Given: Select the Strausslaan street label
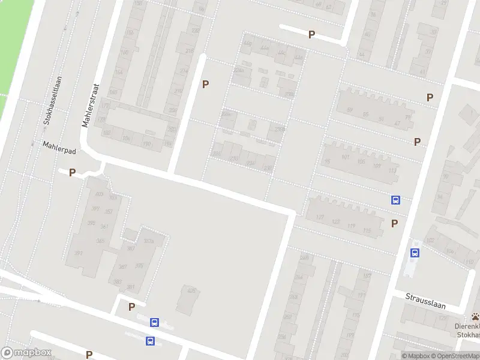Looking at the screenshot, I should (425, 305).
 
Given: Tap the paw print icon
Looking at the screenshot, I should (475, 316).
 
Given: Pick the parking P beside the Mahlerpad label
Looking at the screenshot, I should (72, 173).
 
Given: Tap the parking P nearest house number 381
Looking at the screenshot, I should (131, 307).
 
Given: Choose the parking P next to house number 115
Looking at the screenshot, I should (394, 224).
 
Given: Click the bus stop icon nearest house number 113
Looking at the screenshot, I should (396, 200).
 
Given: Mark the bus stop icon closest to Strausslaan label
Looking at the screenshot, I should (415, 253).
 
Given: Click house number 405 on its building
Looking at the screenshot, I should (192, 292).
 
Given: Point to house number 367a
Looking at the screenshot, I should (149, 241).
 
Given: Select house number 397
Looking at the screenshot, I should (78, 253).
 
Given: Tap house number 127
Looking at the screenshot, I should (319, 217).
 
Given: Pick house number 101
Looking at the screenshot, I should (344, 157).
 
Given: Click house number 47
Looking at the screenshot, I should (397, 123).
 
